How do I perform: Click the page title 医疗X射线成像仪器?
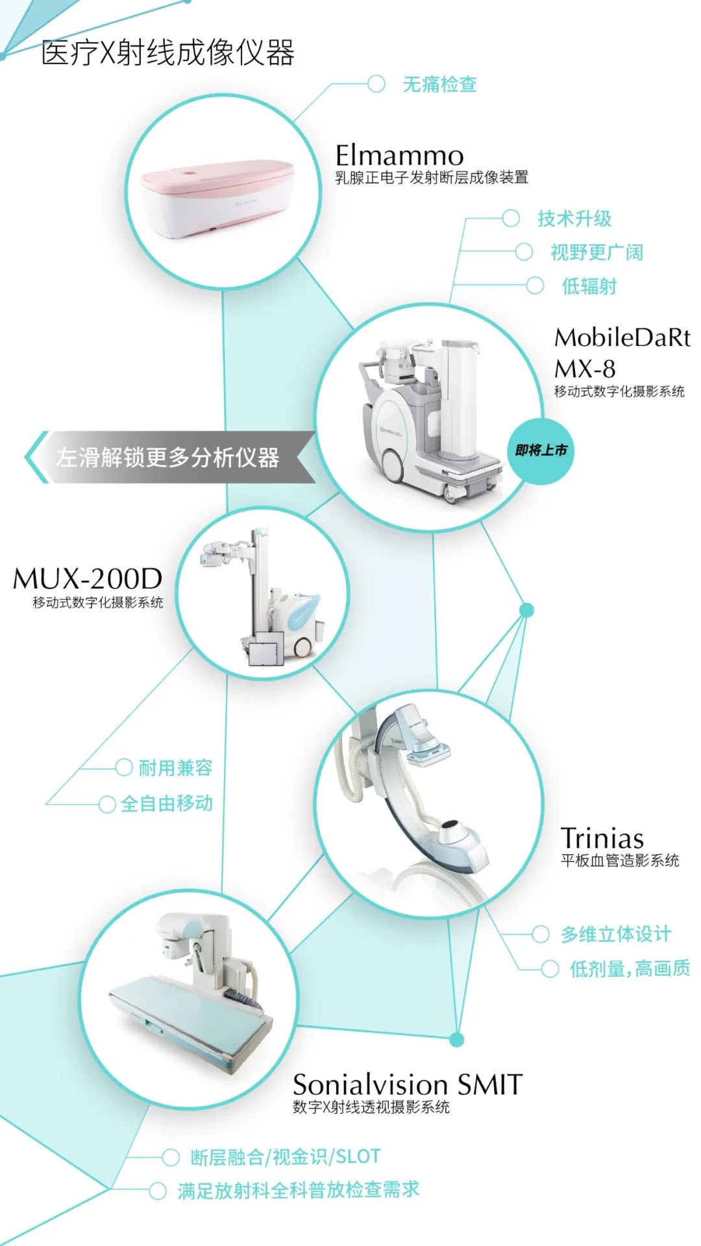[x=167, y=53]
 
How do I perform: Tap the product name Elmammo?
[x=399, y=156]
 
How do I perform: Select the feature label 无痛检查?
[x=439, y=84]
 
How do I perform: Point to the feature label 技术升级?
[x=574, y=219]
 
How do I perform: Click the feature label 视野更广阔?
[x=596, y=252]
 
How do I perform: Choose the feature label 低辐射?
[x=589, y=286]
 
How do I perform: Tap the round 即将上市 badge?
[x=541, y=450]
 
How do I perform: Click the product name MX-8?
[x=584, y=369]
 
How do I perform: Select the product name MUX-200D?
[x=88, y=578]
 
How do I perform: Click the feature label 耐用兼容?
[x=175, y=768]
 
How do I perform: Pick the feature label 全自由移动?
[x=167, y=803]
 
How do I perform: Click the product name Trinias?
[x=602, y=838]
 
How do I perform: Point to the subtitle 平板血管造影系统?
[x=620, y=861]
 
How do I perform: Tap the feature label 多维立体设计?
[x=616, y=934]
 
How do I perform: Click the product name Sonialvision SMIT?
[x=407, y=1084]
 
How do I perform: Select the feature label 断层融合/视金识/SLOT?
[x=285, y=1156]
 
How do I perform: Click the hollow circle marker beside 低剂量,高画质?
[x=550, y=969]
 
